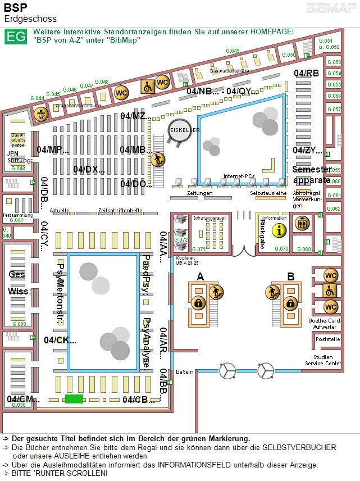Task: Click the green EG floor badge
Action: coord(15,37)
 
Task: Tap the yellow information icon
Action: coord(279,229)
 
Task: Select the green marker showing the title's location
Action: coord(74,399)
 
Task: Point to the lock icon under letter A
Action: coord(198,303)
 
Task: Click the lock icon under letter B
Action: coord(290,303)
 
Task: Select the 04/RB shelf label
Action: coord(306,74)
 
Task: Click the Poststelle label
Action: coord(328,339)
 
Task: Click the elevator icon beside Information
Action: coord(303,223)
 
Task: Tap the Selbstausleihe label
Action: coord(268,193)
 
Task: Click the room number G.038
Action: coord(19,405)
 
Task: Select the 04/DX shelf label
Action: coord(89,169)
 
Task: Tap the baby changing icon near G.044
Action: coord(40,114)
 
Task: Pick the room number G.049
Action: coord(233,51)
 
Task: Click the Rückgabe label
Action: coord(262,233)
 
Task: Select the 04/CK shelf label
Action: coord(60,340)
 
